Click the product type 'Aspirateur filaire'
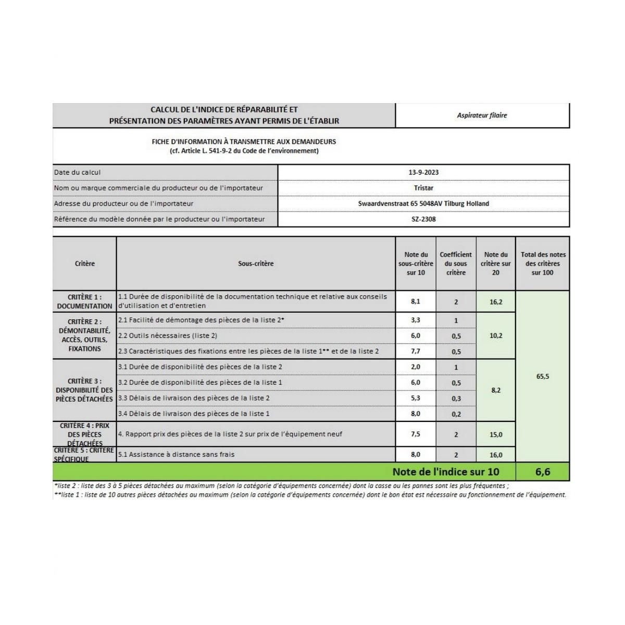482,116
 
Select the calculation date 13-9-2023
423,172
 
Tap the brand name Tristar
423,188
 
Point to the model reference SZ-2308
423,219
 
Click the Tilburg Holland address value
423,204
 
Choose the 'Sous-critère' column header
256,264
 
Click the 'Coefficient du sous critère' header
456,264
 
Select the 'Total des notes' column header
543,264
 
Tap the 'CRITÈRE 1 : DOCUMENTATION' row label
84,302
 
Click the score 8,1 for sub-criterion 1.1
415,302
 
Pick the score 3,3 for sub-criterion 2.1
415,320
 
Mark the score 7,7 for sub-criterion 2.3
415,352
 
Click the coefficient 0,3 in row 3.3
456,398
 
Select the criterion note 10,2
496,336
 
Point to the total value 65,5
543,376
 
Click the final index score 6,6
543,472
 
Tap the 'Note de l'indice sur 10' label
445,472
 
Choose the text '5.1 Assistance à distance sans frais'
177,455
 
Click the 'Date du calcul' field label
78,172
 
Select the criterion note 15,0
496,434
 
